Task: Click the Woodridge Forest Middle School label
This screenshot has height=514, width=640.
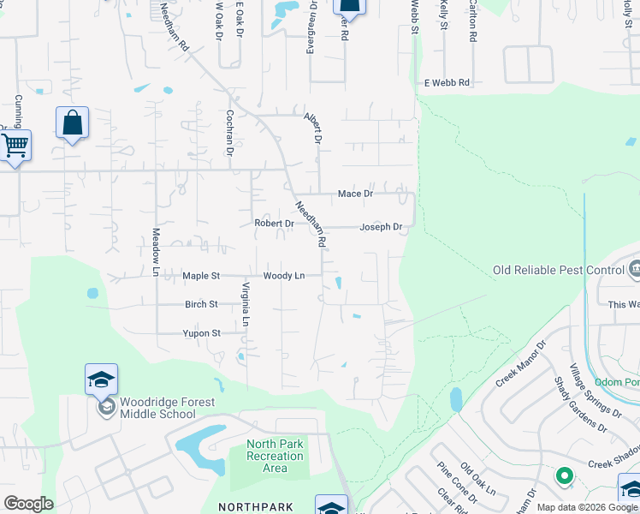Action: [167, 408]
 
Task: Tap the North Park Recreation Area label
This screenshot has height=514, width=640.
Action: [275, 456]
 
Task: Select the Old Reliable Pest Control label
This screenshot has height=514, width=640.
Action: [559, 271]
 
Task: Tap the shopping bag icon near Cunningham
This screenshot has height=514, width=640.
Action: [73, 123]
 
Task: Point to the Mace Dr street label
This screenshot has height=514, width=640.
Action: [355, 194]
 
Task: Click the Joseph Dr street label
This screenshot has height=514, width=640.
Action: [381, 227]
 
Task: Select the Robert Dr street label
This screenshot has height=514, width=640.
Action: [274, 224]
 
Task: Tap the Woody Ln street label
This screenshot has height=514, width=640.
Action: [283, 276]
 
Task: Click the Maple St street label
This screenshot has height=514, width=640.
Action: [201, 276]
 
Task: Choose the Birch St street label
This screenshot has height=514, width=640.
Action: [202, 304]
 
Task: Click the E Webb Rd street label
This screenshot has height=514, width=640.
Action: [447, 83]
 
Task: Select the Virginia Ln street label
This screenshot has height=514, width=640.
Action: [245, 304]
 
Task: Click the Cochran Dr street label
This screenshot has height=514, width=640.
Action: [229, 133]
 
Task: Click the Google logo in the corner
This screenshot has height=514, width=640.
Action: [28, 503]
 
